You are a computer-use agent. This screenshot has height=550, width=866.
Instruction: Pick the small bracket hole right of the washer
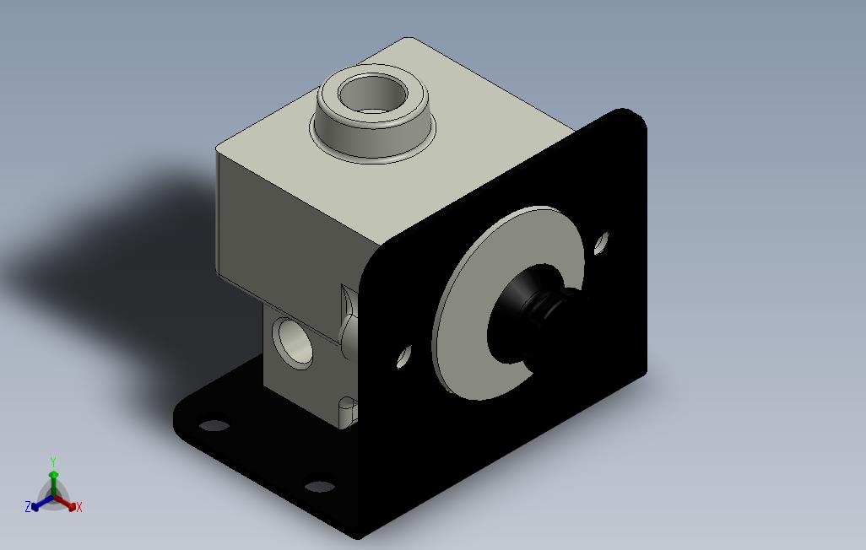[x=601, y=244]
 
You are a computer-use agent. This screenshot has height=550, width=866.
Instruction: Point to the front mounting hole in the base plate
[x=319, y=487]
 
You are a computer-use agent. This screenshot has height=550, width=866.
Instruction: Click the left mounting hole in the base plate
[x=214, y=425]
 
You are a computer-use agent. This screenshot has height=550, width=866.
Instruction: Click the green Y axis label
[x=52, y=461]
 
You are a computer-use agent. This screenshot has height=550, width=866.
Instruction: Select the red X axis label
[x=78, y=507]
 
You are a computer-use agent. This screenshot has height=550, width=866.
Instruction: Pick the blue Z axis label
[x=28, y=507]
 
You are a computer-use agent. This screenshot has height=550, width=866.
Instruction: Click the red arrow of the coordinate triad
[x=68, y=504]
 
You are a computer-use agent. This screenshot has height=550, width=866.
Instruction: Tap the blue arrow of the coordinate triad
[x=39, y=504]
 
